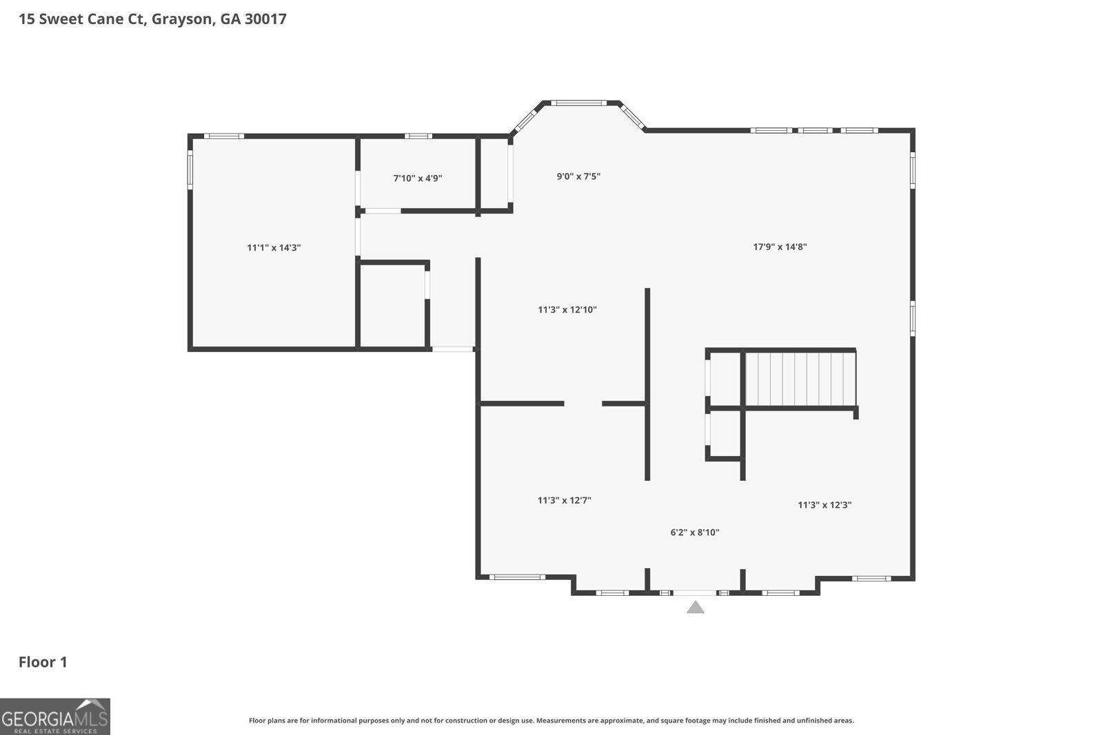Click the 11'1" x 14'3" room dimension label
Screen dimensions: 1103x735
[x=274, y=247]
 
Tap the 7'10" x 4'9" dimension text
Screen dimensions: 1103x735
[x=418, y=178]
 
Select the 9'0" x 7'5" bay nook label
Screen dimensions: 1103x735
[x=578, y=176]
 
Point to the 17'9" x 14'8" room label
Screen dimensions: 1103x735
[x=780, y=247]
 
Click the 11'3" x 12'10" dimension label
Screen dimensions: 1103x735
[x=567, y=309]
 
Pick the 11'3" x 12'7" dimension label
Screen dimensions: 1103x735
[x=565, y=500]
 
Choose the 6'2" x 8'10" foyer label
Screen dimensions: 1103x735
[x=695, y=532]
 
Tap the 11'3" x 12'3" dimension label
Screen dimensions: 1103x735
[x=824, y=505]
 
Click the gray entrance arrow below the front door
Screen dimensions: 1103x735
[x=696, y=608]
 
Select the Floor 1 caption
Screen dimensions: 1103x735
[x=43, y=662]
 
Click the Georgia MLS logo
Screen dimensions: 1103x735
[x=55, y=716]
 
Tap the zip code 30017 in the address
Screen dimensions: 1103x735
[x=265, y=19]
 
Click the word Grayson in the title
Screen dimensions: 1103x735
[x=182, y=20]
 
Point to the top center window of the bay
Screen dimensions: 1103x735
[x=578, y=103]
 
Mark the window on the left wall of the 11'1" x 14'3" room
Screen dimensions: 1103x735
[x=190, y=169]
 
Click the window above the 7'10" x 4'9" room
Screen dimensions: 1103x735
[x=418, y=136]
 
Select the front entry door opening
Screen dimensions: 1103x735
[x=695, y=593]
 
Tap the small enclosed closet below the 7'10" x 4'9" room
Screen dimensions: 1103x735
[x=393, y=306]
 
